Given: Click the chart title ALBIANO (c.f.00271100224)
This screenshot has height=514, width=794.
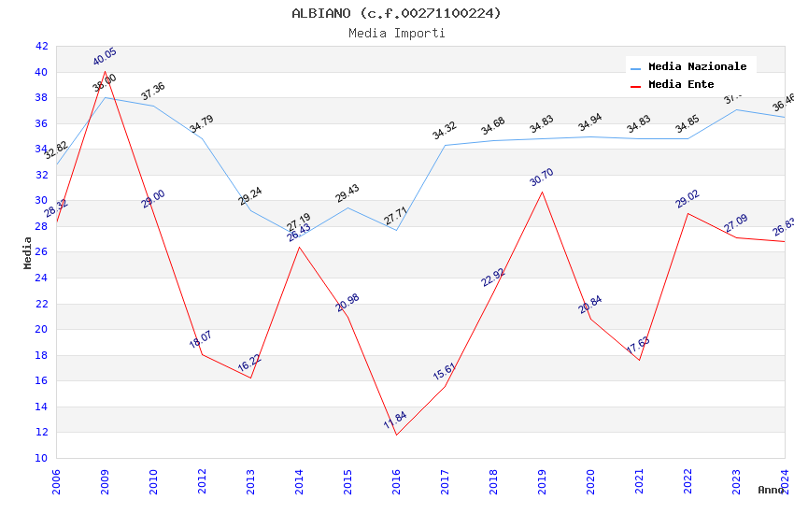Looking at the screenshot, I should pos(396,13).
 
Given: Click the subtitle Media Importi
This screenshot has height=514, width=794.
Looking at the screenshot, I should pos(396,33).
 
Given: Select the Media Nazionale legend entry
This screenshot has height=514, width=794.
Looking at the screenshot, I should pos(697,67).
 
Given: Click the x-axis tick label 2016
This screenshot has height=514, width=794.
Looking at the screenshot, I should pos(397,482).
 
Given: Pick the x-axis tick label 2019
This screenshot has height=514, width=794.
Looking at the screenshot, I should pos(543,482).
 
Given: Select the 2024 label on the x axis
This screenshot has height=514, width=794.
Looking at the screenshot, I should pos(785,482).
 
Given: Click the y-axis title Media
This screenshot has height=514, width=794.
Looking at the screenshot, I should pos(28,252).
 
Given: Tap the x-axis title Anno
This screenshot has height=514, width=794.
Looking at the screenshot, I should pos(771,490).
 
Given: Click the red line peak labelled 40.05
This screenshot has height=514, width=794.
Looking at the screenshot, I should pos(105,71).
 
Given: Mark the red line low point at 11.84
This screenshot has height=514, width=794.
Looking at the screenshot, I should pos(396,435).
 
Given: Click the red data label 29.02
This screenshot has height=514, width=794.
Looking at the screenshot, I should pos(688,199).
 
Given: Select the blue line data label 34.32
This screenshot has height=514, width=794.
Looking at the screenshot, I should pos(445,131).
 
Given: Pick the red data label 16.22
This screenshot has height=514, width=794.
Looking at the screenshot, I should pos(249,364).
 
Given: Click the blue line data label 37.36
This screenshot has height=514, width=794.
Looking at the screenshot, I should pos(153,92).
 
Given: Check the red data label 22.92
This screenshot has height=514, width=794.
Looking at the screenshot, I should pos(493,278).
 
